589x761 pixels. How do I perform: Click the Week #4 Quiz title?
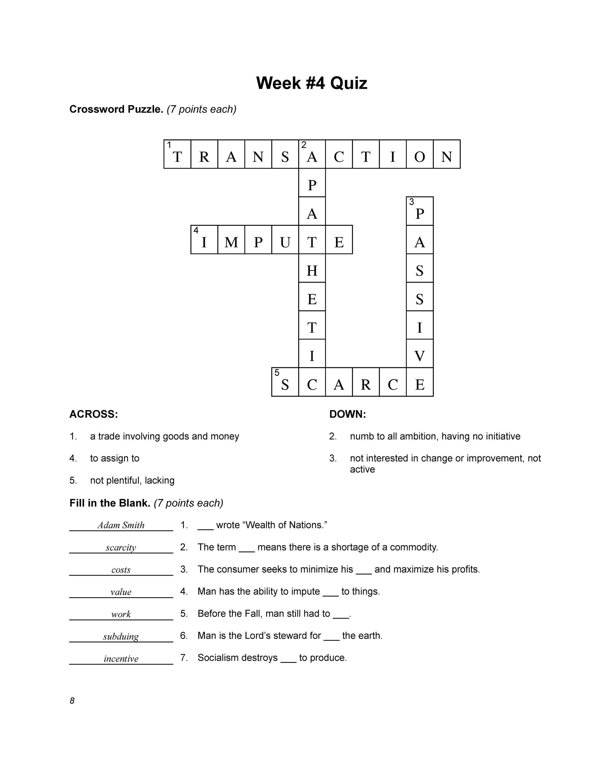point(311,83)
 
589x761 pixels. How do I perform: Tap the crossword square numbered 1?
point(177,154)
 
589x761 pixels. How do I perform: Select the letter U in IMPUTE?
point(285,240)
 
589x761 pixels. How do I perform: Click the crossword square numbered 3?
point(420,211)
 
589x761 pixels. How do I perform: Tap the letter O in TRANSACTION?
point(420,154)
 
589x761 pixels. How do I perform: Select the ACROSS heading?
point(94,414)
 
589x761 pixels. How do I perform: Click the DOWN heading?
point(347,414)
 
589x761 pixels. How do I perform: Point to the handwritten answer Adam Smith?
point(121,525)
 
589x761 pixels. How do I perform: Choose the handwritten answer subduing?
point(121,636)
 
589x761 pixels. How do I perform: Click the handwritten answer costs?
point(121,570)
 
